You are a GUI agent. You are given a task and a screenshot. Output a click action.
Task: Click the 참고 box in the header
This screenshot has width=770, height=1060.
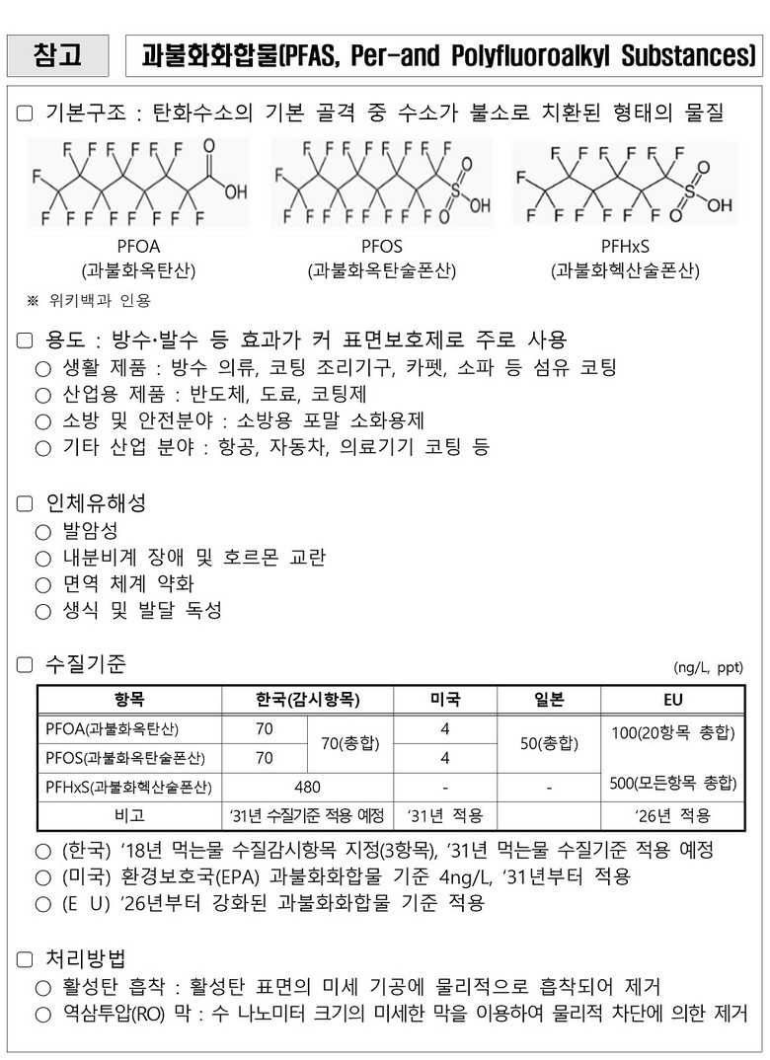coord(57,54)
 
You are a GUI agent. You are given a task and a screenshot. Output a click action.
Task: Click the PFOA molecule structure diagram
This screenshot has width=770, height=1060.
coord(138,183)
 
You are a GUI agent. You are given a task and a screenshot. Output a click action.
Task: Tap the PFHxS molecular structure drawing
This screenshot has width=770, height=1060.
coord(624,183)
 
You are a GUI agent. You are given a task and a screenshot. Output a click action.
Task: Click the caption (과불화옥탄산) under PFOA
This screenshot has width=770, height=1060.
coord(138,269)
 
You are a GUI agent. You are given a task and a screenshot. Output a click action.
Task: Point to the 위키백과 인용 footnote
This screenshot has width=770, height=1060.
coord(95,300)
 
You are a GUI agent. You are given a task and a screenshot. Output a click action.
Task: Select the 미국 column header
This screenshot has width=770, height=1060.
coord(444,700)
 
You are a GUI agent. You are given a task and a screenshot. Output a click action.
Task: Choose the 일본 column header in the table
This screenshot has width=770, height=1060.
coord(548,700)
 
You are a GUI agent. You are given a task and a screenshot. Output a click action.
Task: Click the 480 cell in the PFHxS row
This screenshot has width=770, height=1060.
coord(307,788)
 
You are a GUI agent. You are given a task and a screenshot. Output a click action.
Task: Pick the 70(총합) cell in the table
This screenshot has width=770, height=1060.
coord(351,743)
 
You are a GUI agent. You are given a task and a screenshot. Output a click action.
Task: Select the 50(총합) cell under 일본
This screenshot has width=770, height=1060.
coord(548,743)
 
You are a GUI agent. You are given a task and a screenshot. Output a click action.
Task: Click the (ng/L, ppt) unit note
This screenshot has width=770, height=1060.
coord(709,666)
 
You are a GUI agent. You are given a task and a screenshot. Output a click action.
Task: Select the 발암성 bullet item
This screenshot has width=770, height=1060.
coord(89,531)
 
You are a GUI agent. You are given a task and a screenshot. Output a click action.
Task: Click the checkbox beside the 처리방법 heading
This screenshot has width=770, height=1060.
coord(25,957)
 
